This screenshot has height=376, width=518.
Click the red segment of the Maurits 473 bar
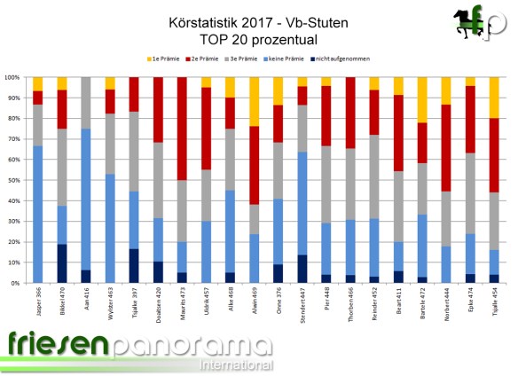(x=182, y=129)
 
